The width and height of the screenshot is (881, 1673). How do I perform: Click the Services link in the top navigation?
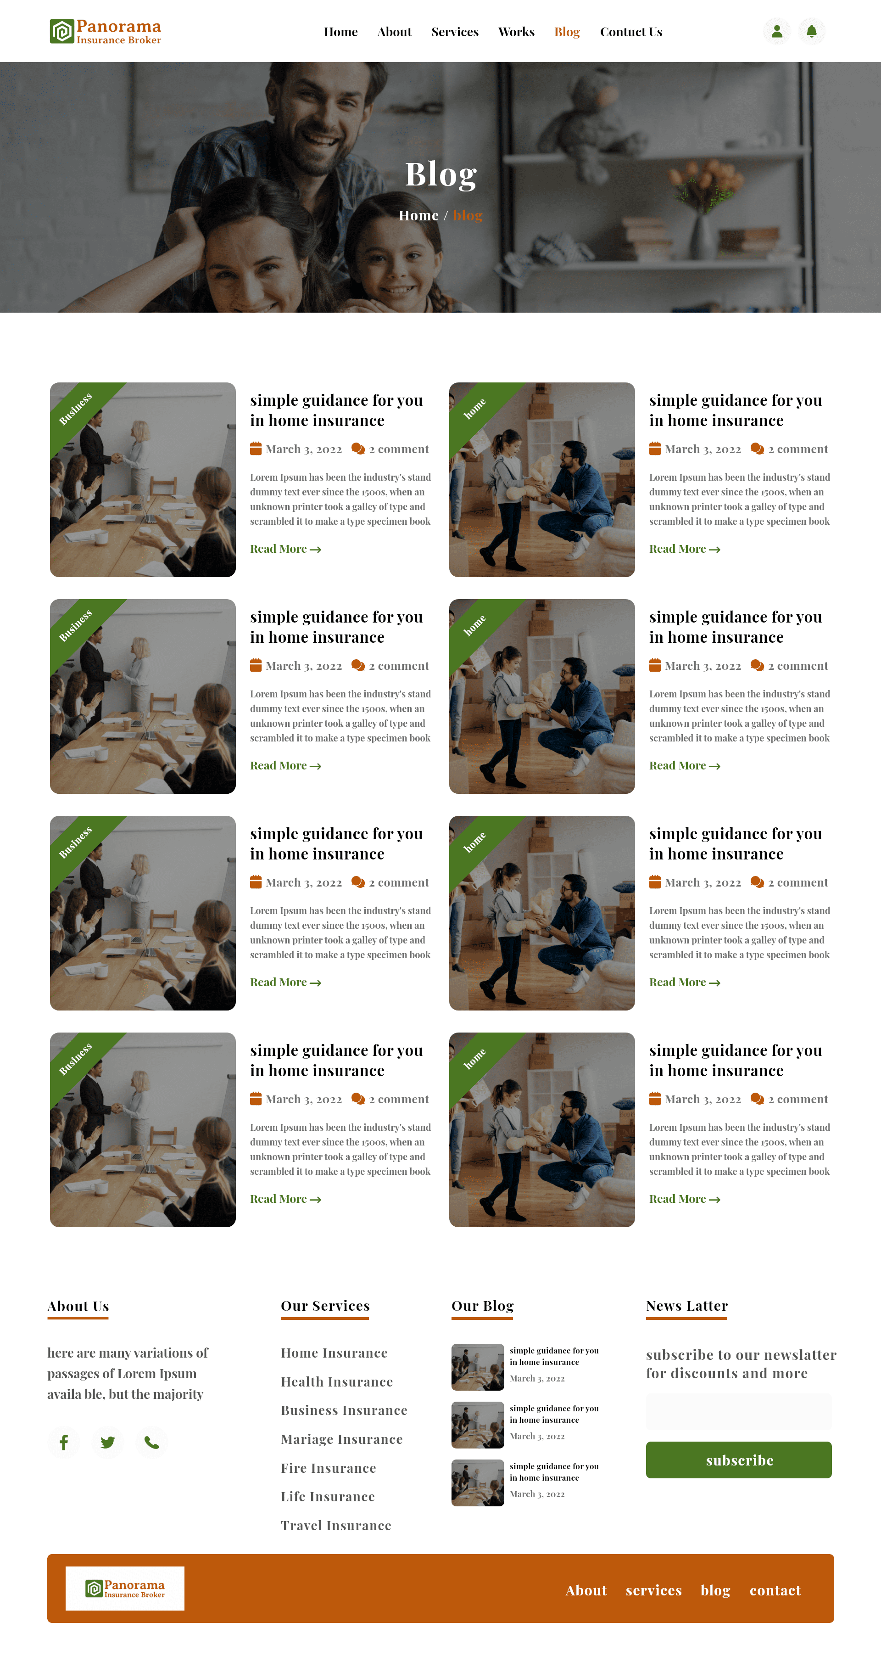click(x=454, y=32)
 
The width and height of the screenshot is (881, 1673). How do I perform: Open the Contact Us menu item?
click(x=630, y=32)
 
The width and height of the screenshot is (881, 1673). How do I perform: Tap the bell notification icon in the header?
click(x=811, y=31)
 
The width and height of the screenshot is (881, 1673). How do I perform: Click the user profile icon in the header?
click(x=776, y=31)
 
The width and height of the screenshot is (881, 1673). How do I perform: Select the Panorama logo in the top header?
click(x=105, y=31)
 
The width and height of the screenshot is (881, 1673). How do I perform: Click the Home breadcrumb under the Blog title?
click(x=418, y=216)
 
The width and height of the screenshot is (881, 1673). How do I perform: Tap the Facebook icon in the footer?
click(x=64, y=1443)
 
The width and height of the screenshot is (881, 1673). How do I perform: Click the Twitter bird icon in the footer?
click(x=108, y=1443)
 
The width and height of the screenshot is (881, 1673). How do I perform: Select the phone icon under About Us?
click(x=151, y=1443)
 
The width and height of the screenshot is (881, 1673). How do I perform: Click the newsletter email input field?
click(x=738, y=1411)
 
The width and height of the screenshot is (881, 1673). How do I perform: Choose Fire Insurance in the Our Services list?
click(x=329, y=1468)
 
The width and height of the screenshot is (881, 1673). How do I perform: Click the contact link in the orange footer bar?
click(x=775, y=1590)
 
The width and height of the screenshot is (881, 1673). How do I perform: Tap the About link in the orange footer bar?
click(x=585, y=1590)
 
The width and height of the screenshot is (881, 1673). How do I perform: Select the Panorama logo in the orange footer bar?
click(x=125, y=1588)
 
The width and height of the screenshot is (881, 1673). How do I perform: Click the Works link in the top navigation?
click(x=516, y=32)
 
